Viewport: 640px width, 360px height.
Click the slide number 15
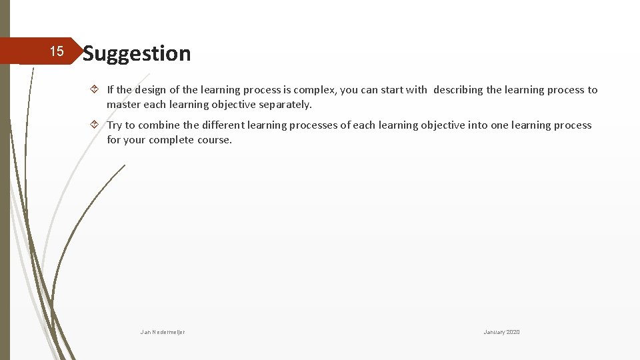click(x=57, y=51)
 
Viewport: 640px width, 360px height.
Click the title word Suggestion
click(x=137, y=53)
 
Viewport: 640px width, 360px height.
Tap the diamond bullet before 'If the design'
click(x=95, y=89)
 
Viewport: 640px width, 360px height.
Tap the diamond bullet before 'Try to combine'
click(x=95, y=125)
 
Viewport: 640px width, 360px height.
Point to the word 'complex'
click(x=315, y=90)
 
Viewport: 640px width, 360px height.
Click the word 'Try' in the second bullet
click(x=115, y=125)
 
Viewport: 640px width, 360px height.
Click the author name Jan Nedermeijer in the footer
click(x=163, y=332)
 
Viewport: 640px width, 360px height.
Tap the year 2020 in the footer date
click(x=513, y=332)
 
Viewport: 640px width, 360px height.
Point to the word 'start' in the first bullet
click(x=393, y=90)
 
